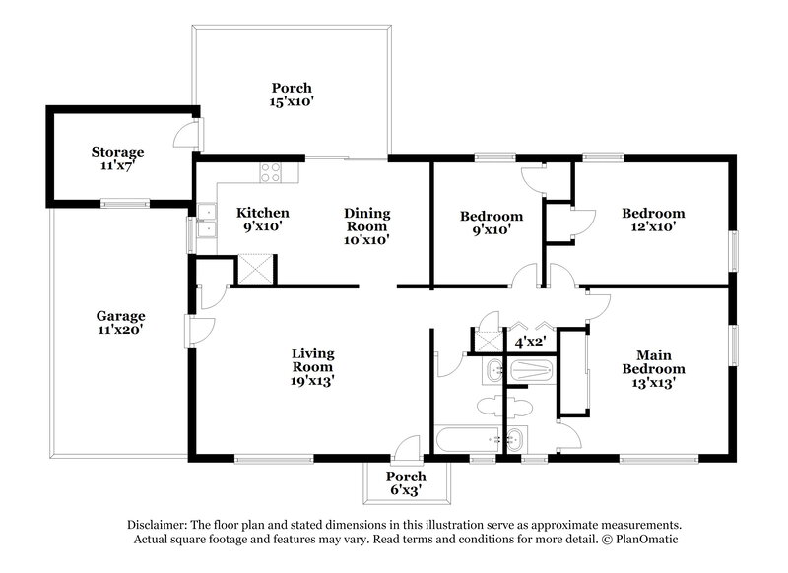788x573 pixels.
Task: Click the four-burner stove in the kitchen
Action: coord(271,174)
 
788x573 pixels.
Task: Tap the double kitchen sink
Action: coord(208,222)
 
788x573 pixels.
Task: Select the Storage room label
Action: coord(118,152)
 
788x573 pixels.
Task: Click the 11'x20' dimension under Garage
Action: coord(120,331)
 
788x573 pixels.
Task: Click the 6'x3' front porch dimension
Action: coord(405,489)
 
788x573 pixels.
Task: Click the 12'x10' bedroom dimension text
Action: coord(652,225)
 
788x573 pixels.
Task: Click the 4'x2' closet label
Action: coord(531,343)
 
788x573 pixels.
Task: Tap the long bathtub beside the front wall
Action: coord(467,440)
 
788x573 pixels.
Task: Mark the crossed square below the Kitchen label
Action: coord(257,269)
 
